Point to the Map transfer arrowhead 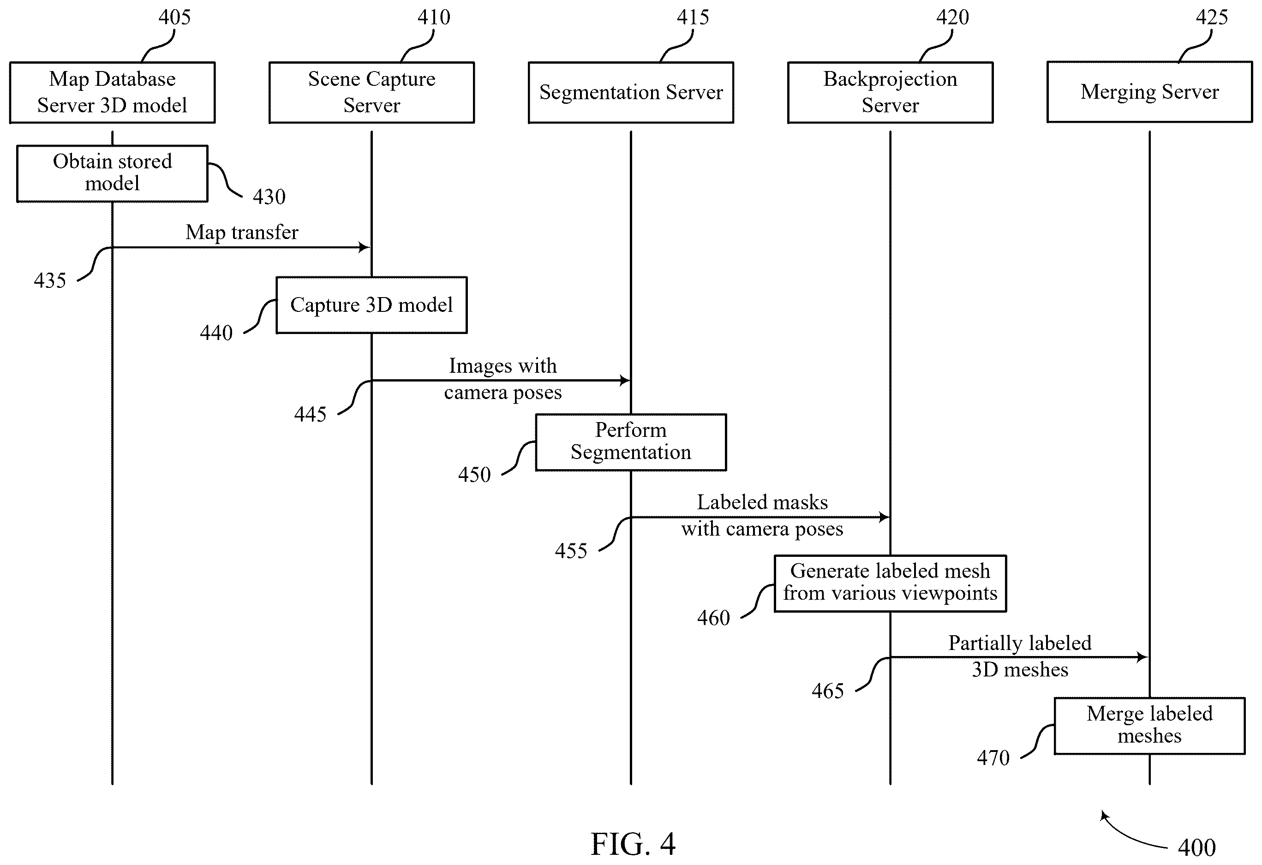click(x=365, y=248)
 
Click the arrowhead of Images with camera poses click(x=624, y=381)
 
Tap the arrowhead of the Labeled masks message click(x=884, y=517)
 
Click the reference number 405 click(x=174, y=18)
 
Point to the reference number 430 click(x=269, y=197)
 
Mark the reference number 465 click(x=828, y=691)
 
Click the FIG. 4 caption click(x=633, y=844)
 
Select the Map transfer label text click(x=242, y=233)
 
